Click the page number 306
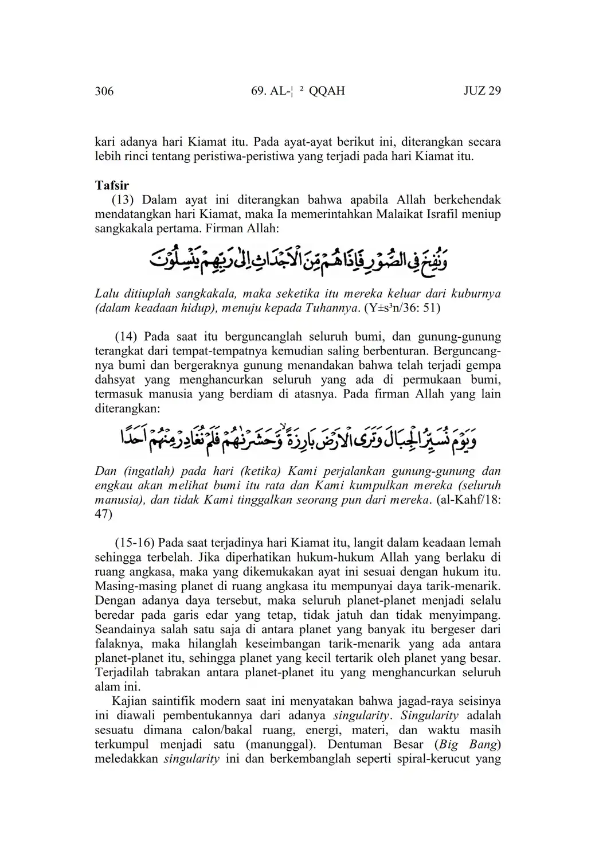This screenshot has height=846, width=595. (104, 91)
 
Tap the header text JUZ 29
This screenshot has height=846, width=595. (482, 91)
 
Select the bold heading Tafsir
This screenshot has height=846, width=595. (112, 185)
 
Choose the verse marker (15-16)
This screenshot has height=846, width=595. (135, 543)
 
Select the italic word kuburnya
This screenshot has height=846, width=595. (476, 294)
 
